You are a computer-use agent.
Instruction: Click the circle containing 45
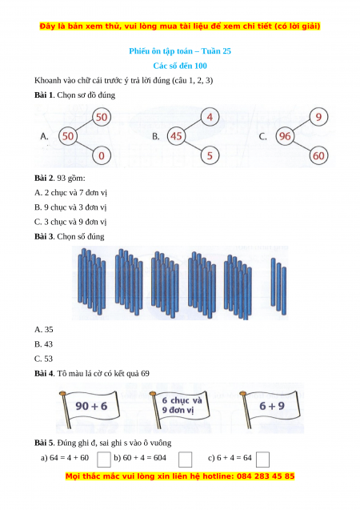(x=176, y=136)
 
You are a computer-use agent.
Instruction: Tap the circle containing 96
(x=285, y=136)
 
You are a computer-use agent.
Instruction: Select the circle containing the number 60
(x=318, y=155)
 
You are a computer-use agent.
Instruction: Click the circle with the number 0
(x=102, y=155)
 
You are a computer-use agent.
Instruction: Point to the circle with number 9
(x=318, y=117)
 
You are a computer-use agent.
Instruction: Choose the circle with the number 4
(x=210, y=117)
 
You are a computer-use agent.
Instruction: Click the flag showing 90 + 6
(x=90, y=408)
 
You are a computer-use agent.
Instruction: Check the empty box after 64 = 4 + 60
(x=104, y=460)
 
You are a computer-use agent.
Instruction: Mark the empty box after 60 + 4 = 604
(x=185, y=460)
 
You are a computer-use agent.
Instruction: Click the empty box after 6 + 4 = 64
(x=263, y=460)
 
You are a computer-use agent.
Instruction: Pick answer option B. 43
(x=43, y=344)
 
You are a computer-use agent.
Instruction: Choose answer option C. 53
(x=43, y=359)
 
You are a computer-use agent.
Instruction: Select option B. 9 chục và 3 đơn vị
(x=70, y=207)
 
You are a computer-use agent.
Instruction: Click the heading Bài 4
(x=45, y=373)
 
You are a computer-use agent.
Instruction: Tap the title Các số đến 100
(x=180, y=66)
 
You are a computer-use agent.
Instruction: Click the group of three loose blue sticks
(x=278, y=287)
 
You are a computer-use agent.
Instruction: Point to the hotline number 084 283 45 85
(x=266, y=476)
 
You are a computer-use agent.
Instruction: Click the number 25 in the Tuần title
(x=226, y=51)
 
